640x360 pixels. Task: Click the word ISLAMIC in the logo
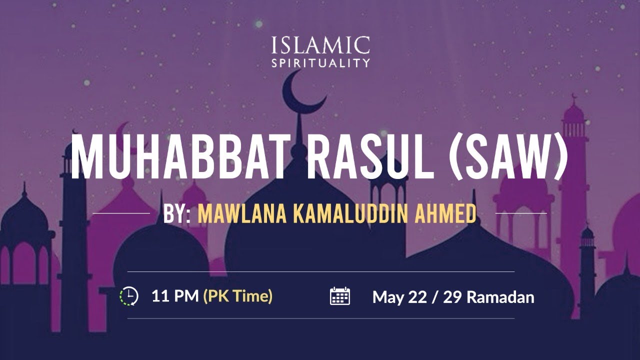320,46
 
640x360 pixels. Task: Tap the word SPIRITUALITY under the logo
320,63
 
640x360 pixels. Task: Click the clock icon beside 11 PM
129,296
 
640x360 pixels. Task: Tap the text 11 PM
174,296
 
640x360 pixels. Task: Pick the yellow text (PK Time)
238,296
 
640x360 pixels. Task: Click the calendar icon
340,296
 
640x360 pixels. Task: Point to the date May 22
398,297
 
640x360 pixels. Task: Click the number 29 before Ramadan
452,297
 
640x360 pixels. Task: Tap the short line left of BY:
121,213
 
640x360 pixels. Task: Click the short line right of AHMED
520,213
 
